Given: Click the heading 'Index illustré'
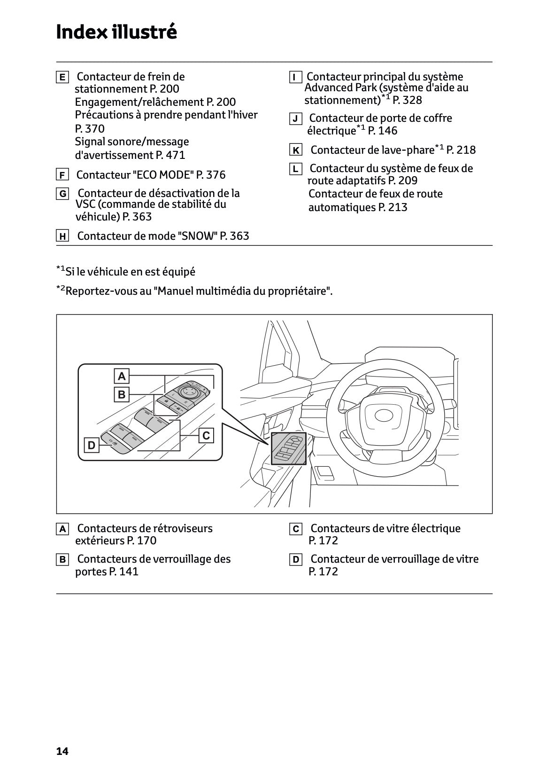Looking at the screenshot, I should click(116, 32).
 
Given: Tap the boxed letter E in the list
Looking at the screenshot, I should click(62, 77).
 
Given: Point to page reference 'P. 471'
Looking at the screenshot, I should click(170, 155).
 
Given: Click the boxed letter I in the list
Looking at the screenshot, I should click(295, 77).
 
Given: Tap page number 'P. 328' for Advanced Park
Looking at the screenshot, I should click(407, 100).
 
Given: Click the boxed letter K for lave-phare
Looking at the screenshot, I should click(296, 150).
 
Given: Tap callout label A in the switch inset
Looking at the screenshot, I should click(122, 376).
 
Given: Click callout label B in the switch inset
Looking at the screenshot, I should click(122, 394).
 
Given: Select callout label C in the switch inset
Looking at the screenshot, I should click(206, 436).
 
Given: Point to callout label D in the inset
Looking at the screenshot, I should click(92, 445).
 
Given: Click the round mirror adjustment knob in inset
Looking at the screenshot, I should click(186, 390).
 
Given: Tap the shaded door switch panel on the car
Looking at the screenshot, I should click(288, 449).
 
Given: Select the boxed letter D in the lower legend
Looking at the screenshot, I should click(296, 560).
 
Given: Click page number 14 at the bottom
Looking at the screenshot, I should click(62, 751).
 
